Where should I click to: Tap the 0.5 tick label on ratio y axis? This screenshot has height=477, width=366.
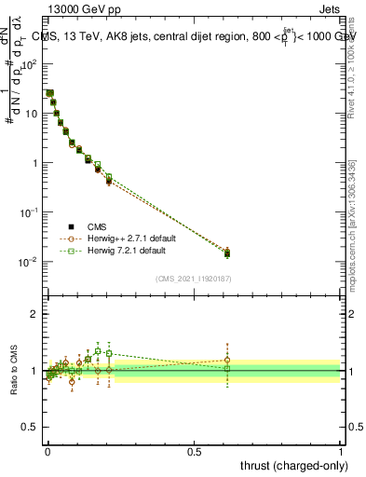(x=31, y=428)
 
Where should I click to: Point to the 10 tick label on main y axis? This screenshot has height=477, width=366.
(x=32, y=114)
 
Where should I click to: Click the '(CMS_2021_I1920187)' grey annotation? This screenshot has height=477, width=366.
(x=194, y=278)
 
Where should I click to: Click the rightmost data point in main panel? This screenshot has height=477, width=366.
(x=227, y=252)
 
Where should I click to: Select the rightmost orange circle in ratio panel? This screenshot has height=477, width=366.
(x=227, y=361)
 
